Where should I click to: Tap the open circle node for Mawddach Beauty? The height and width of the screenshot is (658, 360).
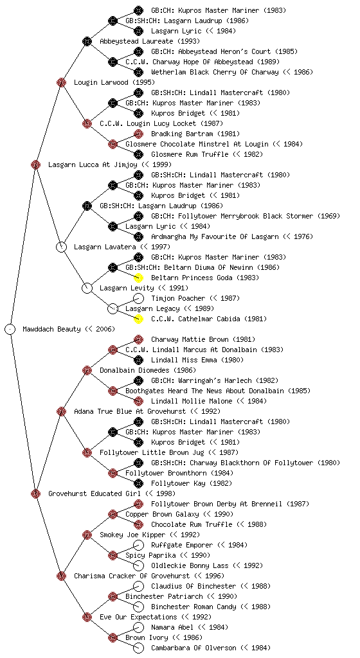pyautogui.click(x=10, y=329)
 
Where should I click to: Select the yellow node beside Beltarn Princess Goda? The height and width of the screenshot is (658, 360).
pyautogui.click(x=138, y=278)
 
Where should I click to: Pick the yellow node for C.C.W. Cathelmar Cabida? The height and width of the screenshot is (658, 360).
pyautogui.click(x=138, y=319)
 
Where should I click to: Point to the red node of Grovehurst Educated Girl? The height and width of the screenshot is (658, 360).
pyautogui.click(x=35, y=493)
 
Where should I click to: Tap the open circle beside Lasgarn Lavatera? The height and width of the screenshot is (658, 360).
pyautogui.click(x=61, y=247)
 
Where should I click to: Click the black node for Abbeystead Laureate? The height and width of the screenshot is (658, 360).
pyautogui.click(x=87, y=41)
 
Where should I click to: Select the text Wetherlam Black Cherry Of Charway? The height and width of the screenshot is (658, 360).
pyautogui.click(x=215, y=72)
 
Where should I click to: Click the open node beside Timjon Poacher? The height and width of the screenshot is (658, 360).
pyautogui.click(x=138, y=298)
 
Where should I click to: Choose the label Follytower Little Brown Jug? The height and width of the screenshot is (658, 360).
pyautogui.click(x=152, y=452)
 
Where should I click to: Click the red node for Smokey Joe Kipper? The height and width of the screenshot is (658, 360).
pyautogui.click(x=87, y=535)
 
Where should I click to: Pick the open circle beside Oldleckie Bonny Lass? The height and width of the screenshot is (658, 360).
pyautogui.click(x=138, y=565)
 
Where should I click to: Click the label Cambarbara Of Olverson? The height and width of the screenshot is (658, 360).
pyautogui.click(x=194, y=648)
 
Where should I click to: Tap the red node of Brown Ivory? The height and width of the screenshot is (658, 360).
pyautogui.click(x=113, y=638)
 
